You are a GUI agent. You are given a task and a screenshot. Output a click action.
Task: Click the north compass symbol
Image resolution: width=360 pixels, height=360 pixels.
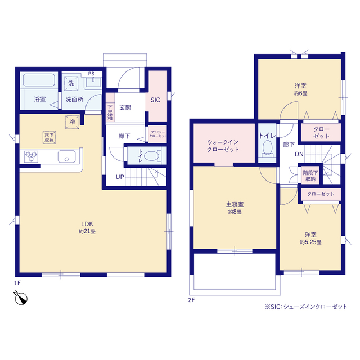[x=21, y=298]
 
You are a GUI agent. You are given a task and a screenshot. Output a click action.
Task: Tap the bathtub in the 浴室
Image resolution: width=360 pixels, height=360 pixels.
[x=39, y=80]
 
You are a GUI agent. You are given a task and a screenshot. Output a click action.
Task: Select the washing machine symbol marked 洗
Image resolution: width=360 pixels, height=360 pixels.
[x=71, y=83]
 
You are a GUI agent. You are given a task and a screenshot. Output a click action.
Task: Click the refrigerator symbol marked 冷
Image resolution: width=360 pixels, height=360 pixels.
[x=73, y=122]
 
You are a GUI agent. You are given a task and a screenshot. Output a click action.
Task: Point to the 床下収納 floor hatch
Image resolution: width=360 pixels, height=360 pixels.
[x=49, y=137]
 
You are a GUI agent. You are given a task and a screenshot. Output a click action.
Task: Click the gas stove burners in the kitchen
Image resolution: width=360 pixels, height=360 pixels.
[x=31, y=156]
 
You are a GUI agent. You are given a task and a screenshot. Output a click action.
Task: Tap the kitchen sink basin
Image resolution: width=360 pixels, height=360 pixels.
[x=66, y=156]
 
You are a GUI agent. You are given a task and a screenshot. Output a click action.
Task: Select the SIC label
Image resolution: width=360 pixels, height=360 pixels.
[x=155, y=100]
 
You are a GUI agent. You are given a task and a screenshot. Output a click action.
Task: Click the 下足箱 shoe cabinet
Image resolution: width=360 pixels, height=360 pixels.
[x=110, y=107]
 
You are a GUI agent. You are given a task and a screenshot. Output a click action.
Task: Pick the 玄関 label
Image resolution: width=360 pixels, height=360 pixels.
[x=125, y=107]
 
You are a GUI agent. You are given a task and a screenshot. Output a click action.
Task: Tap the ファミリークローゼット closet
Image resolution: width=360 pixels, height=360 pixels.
[x=157, y=134]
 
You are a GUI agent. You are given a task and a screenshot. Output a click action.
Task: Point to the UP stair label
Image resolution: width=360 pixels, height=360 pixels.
[x=120, y=177]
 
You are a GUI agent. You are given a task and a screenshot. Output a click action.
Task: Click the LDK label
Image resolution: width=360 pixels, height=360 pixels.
[x=87, y=224]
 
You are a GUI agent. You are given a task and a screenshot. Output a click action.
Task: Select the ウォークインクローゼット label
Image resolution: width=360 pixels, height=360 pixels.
[x=223, y=146]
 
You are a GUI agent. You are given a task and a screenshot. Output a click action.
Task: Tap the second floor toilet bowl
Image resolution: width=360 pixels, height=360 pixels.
[x=268, y=147]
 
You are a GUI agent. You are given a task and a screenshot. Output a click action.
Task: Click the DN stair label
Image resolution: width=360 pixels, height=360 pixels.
[x=299, y=154]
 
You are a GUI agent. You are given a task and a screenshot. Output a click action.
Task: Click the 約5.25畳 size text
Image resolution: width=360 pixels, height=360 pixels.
[x=310, y=242]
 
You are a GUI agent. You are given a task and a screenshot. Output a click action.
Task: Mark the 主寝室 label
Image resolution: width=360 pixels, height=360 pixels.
[x=235, y=204]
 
